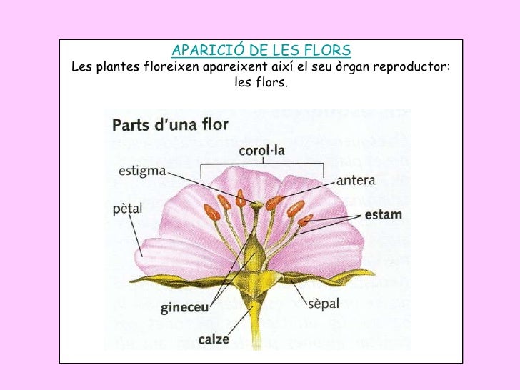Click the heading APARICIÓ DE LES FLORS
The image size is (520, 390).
click(x=261, y=50)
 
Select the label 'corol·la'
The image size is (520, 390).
click(x=261, y=151)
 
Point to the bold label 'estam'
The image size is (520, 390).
click(x=384, y=214)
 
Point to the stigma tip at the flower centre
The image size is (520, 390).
click(x=256, y=206)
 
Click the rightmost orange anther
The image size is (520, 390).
click(x=305, y=220)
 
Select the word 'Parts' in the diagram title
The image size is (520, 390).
click(x=133, y=124)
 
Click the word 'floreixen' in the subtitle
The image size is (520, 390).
click(x=171, y=67)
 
